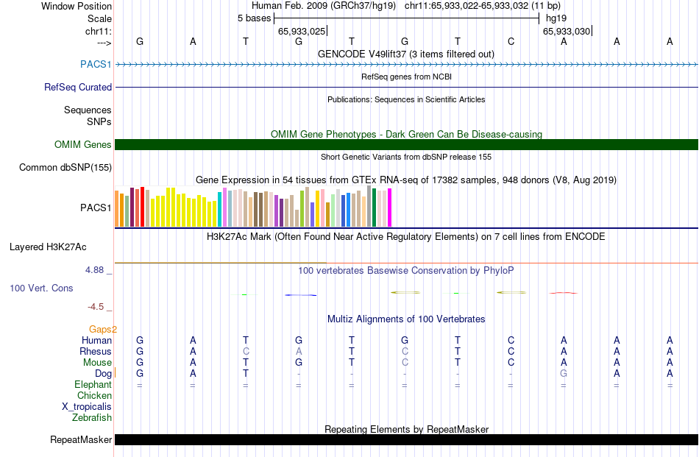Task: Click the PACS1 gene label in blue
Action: coord(96,65)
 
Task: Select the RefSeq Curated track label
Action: coord(78,87)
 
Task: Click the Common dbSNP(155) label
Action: coord(65,168)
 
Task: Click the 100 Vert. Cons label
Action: coord(41,288)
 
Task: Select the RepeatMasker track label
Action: coord(81,440)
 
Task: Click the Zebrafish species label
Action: coord(92,417)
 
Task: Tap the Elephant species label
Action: coord(93,384)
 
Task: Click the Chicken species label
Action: coord(94,395)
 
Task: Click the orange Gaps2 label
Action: coord(103,329)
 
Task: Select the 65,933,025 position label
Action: coord(302,32)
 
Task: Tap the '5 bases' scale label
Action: coord(254,18)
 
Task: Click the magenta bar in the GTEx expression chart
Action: coord(389,208)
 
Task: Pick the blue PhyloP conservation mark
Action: coord(300,295)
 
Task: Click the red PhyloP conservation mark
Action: coord(563,293)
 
